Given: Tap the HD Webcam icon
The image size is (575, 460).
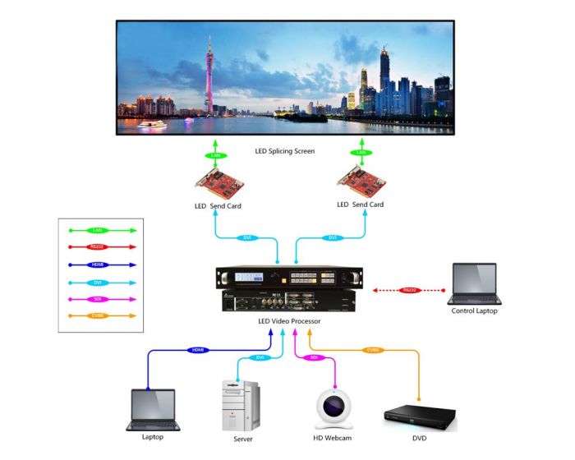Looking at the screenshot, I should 335,407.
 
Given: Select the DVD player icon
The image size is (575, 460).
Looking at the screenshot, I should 419,417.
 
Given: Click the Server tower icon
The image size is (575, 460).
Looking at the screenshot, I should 241,406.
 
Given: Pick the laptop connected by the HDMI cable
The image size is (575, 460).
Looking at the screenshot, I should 153,409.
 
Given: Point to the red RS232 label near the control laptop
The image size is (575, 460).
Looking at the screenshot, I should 408,290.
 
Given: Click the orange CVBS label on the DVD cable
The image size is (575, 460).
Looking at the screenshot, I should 373,349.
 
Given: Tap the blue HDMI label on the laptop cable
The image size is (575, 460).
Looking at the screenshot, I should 197,350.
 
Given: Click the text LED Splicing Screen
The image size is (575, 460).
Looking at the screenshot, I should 286,151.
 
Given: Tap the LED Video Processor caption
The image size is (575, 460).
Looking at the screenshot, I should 286,320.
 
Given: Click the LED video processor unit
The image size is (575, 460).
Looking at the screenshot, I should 286,288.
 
